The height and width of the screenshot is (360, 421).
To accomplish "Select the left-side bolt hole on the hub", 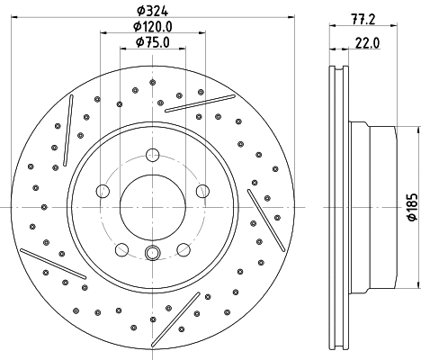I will (x=103, y=190).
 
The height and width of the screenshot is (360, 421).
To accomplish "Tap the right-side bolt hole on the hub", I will (x=202, y=190).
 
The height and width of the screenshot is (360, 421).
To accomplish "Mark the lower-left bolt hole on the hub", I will (x=121, y=248).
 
